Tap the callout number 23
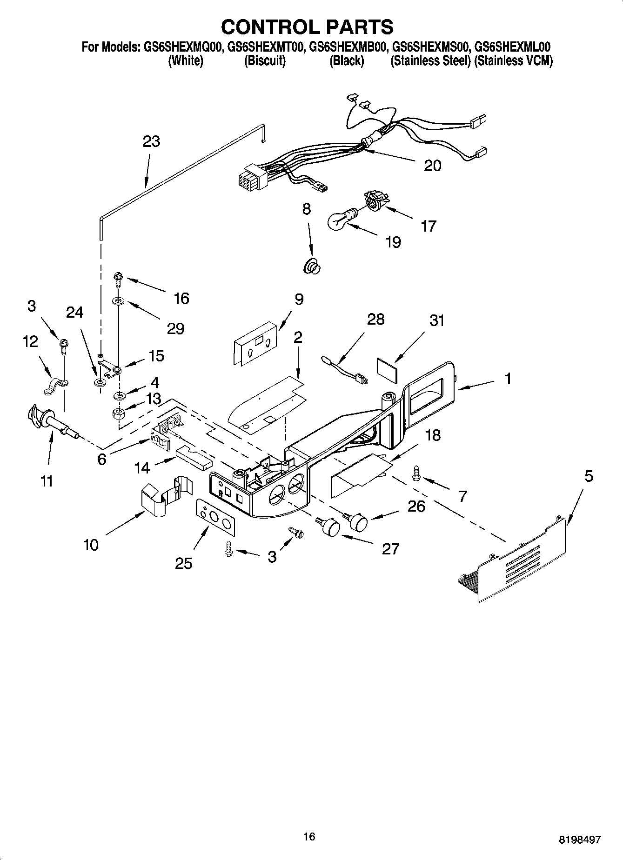(152, 141)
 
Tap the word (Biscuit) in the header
(265, 61)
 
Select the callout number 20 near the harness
(432, 166)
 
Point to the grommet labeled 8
(312, 267)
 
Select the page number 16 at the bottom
(309, 836)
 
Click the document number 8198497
(579, 839)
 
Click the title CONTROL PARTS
(307, 27)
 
